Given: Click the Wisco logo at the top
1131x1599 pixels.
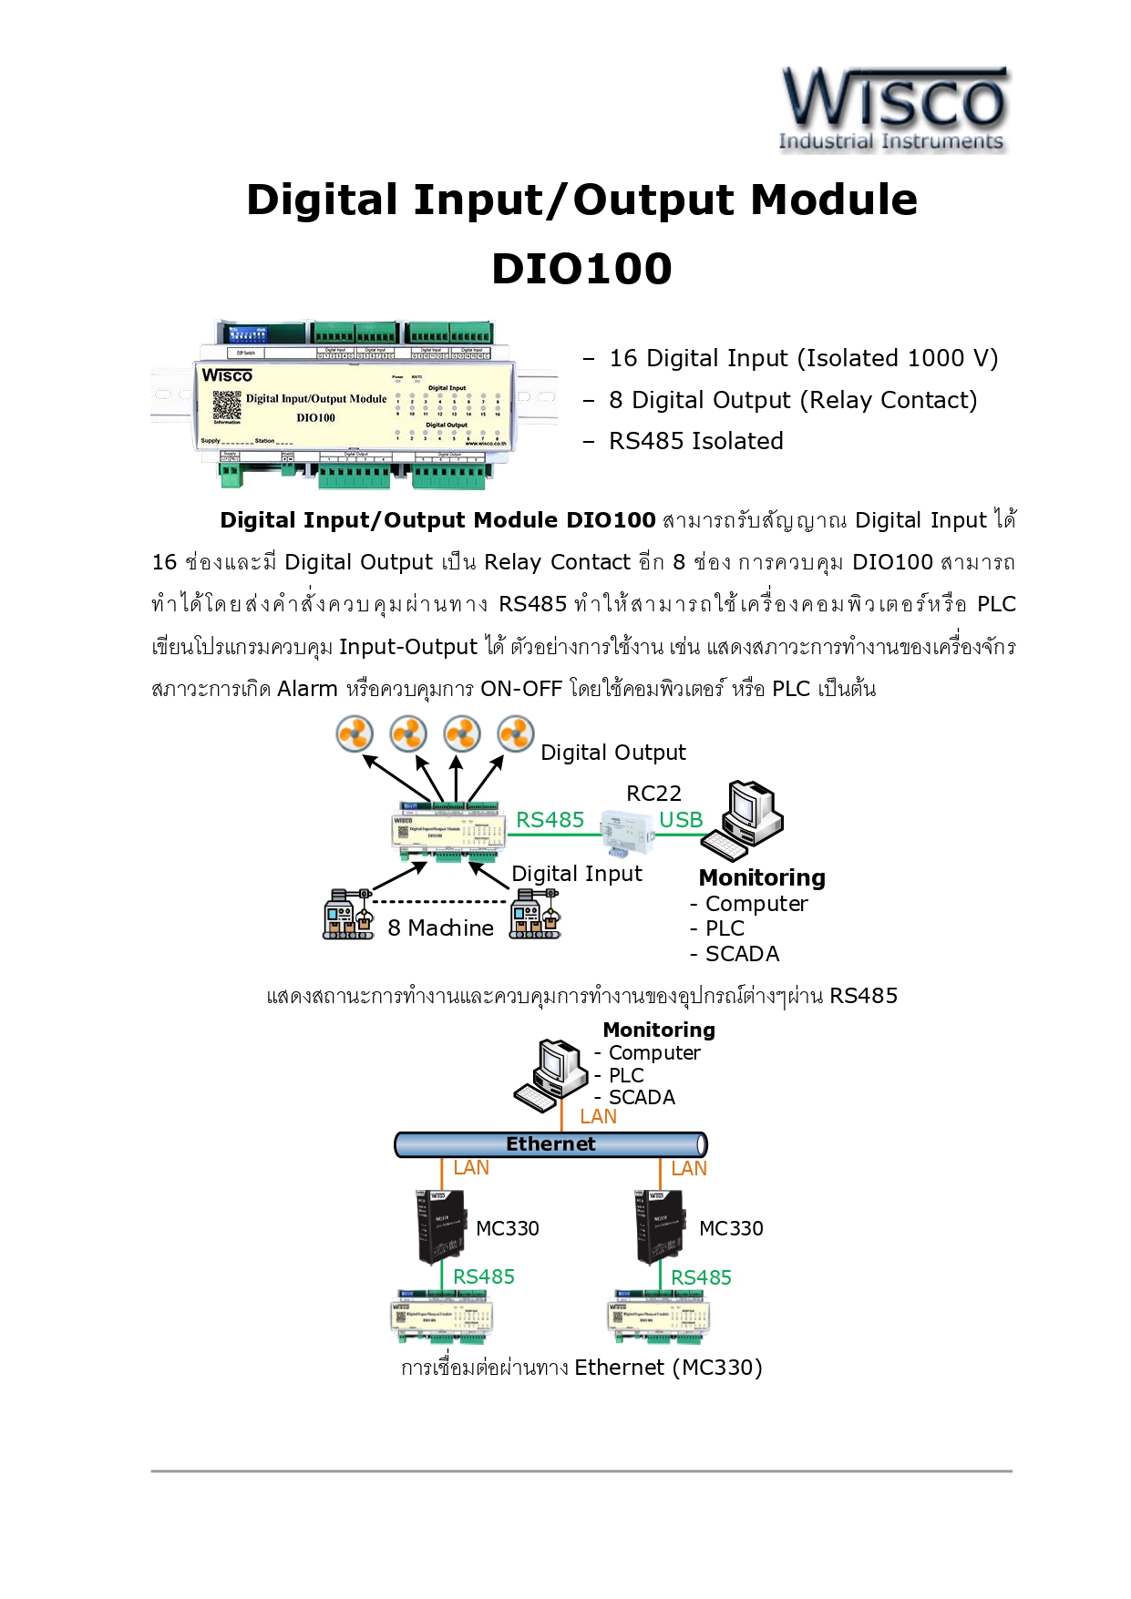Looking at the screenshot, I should [x=893, y=108].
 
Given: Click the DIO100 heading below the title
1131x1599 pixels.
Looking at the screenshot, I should [x=581, y=269].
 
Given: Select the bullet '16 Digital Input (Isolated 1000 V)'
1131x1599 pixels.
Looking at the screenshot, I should [x=803, y=358].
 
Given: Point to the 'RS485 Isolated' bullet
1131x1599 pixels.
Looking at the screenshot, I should [x=695, y=441].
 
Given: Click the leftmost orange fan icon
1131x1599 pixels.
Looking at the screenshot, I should [x=355, y=733].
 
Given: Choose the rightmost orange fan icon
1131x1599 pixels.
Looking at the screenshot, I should [x=516, y=733].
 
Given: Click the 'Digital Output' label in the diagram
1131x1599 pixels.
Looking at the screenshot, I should [x=612, y=753].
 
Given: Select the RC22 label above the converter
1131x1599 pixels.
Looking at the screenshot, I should [x=653, y=794].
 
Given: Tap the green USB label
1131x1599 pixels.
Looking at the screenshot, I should [x=681, y=820].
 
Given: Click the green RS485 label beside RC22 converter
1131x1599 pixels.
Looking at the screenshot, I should [x=550, y=820].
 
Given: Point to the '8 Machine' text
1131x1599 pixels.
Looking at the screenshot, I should [x=440, y=928].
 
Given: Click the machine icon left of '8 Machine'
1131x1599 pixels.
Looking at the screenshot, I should [x=348, y=915].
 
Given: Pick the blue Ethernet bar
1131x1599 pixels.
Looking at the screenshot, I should [x=550, y=1144].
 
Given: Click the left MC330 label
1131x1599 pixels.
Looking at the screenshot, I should [x=508, y=1228].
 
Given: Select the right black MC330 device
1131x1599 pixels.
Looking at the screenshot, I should [x=659, y=1226].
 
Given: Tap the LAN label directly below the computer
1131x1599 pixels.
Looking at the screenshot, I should [x=598, y=1116].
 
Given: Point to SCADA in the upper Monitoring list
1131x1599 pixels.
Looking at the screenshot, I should [x=742, y=954].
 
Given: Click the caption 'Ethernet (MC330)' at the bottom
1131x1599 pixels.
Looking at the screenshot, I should [x=668, y=1368].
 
